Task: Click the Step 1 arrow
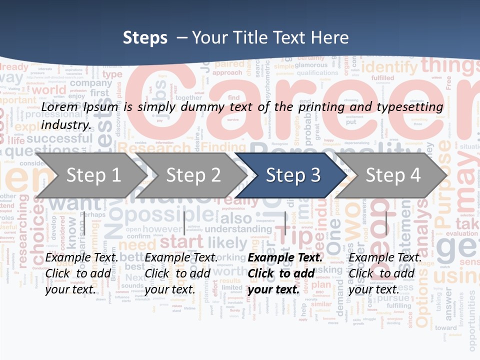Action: [90, 175]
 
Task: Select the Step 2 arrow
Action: [193, 175]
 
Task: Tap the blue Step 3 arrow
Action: [292, 175]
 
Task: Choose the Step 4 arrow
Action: [393, 175]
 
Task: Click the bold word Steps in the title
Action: [145, 38]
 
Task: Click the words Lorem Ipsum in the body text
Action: [80, 107]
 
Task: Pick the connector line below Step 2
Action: [184, 223]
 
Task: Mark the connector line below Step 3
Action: [285, 223]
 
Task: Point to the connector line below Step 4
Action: [386, 223]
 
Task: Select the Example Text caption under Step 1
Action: [82, 257]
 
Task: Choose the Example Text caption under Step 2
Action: [181, 257]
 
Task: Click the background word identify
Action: [389, 67]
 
